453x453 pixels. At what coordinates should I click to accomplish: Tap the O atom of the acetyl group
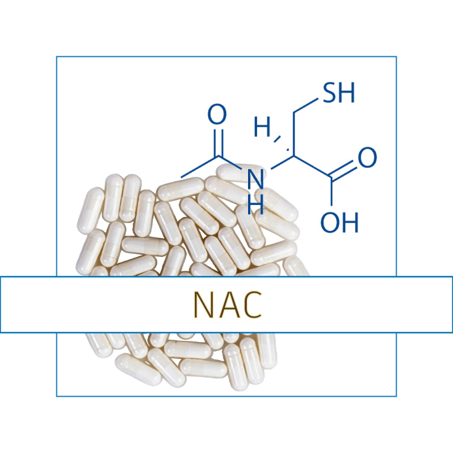click(217, 114)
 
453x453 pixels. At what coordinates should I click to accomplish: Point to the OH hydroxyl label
click(340, 222)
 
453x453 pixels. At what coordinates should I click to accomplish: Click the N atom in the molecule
click(256, 180)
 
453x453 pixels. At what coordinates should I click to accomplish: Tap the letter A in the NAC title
click(227, 305)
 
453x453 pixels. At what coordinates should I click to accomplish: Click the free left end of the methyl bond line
click(181, 177)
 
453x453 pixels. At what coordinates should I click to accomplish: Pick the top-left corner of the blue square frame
click(57, 57)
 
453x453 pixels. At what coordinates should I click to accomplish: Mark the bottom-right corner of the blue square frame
click(396, 396)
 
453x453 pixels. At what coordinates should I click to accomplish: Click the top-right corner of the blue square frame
click(396, 57)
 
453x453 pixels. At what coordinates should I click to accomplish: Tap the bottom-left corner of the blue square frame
click(57, 396)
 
